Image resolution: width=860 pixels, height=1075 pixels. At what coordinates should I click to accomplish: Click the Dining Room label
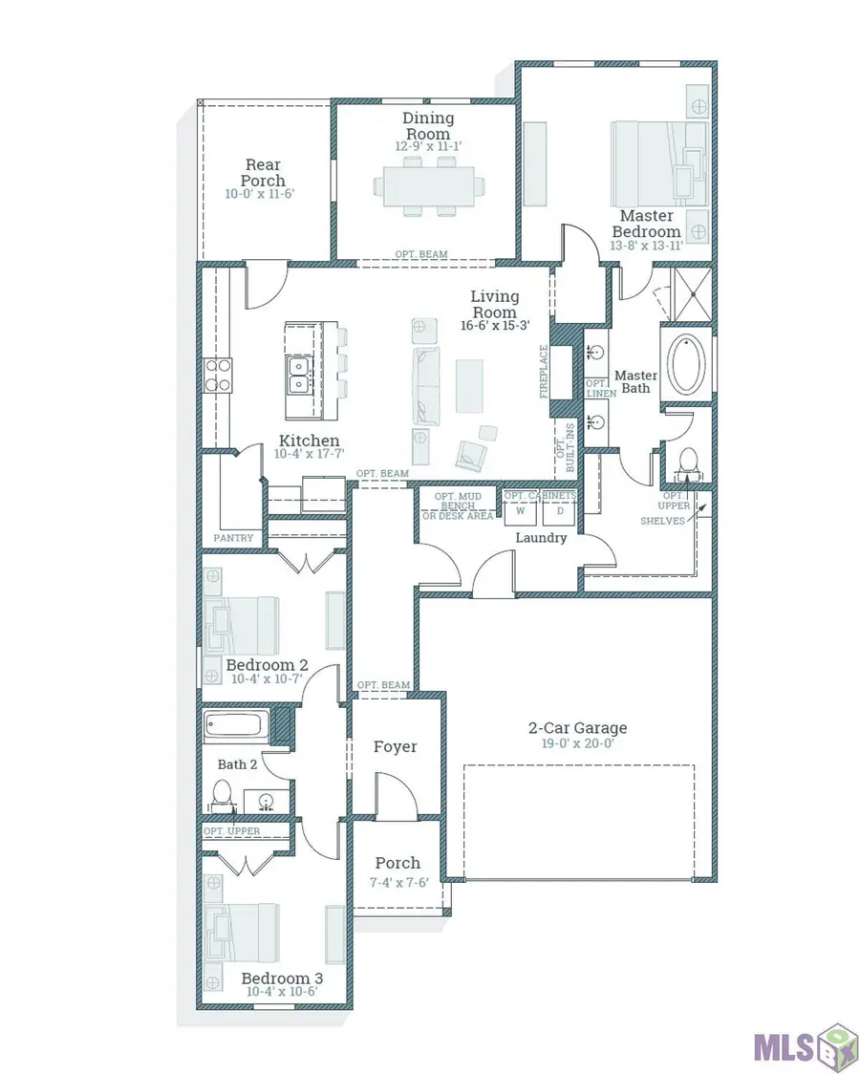click(x=428, y=126)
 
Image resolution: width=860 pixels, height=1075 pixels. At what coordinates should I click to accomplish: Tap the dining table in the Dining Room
click(x=429, y=186)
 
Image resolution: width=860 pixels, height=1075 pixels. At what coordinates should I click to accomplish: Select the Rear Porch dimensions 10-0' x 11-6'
click(x=259, y=194)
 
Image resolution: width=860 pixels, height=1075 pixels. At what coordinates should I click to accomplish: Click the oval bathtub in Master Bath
click(x=686, y=363)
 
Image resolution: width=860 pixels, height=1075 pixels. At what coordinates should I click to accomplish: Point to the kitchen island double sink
click(x=299, y=375)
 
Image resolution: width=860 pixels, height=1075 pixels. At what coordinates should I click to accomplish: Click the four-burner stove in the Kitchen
click(x=218, y=375)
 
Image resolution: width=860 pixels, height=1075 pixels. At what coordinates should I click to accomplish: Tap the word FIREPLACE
click(x=544, y=371)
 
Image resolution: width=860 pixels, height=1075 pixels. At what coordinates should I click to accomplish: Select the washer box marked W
click(x=521, y=511)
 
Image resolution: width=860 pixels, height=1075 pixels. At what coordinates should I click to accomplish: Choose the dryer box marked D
click(x=560, y=511)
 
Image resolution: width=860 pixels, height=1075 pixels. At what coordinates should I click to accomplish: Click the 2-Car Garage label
click(x=577, y=727)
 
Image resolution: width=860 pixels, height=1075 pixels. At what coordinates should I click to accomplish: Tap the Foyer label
click(x=395, y=746)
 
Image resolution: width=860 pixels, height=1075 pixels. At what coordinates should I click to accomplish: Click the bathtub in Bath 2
click(x=237, y=726)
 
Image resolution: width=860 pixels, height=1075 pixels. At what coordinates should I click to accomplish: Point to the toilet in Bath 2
click(x=222, y=797)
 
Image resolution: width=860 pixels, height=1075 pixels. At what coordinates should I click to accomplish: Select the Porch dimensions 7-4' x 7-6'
click(x=398, y=882)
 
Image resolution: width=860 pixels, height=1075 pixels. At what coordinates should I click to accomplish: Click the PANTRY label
click(x=233, y=538)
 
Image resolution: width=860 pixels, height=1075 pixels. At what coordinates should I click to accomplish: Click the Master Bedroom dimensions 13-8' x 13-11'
click(x=647, y=246)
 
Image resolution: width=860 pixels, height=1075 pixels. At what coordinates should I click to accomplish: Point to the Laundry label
click(x=541, y=537)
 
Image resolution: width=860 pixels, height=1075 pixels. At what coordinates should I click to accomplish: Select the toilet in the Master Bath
click(x=687, y=462)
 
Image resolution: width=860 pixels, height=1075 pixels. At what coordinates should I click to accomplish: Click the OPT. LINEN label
click(x=601, y=389)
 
